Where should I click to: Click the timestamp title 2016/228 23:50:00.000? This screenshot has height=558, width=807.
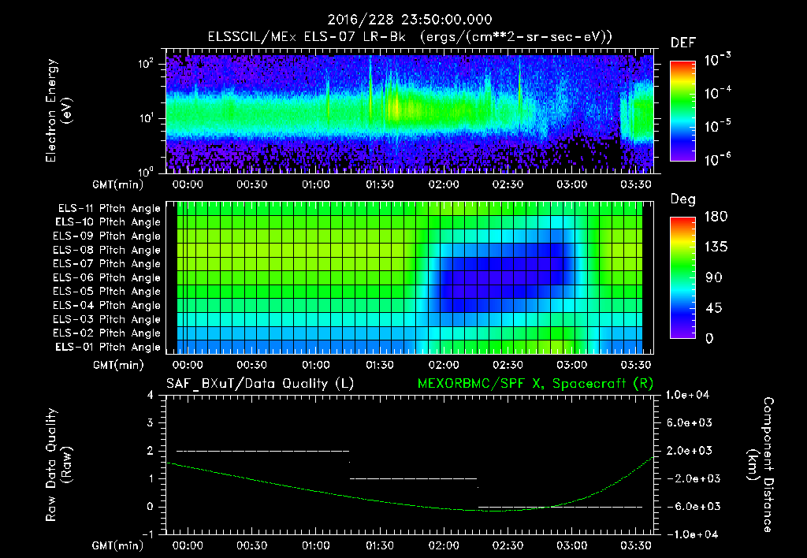point(403,20)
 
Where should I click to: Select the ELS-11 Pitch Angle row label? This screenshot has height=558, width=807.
point(109,209)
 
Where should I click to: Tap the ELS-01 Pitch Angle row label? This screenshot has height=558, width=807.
point(109,348)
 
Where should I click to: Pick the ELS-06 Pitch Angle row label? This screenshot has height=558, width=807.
point(109,278)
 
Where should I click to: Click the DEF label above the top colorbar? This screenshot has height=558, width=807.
point(682,43)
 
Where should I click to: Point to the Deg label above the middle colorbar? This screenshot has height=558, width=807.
point(682,199)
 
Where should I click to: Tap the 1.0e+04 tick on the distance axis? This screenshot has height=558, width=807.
point(690,395)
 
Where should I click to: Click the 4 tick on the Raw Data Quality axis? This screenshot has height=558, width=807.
point(151,395)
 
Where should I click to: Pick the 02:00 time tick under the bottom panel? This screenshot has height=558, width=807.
point(444,545)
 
